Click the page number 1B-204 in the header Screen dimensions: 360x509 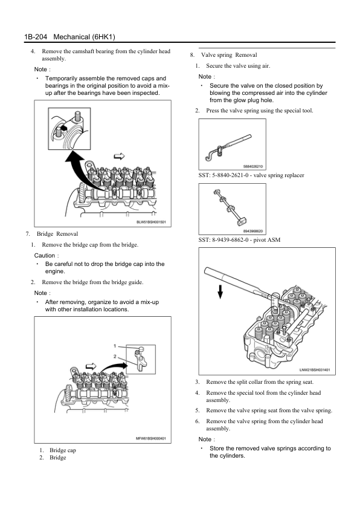[36, 37]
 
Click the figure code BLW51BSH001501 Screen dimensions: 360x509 [151, 222]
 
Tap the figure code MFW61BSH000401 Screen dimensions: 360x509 [151, 438]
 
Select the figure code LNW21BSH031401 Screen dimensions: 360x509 [315, 370]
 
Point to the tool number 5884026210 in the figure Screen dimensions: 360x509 [253, 166]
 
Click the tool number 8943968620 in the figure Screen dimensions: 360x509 [253, 231]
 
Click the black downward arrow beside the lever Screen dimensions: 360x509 [220, 291]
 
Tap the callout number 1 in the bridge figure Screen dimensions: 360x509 [115, 346]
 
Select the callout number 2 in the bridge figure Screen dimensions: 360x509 [115, 356]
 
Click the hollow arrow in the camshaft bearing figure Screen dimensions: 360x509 [119, 157]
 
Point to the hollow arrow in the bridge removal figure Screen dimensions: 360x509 [91, 366]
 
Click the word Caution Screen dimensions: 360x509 [45, 256]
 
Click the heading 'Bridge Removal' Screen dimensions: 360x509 [57, 234]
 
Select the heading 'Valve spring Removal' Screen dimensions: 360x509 [229, 55]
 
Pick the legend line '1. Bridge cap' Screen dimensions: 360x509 [58, 450]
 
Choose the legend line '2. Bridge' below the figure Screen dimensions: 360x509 [53, 458]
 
